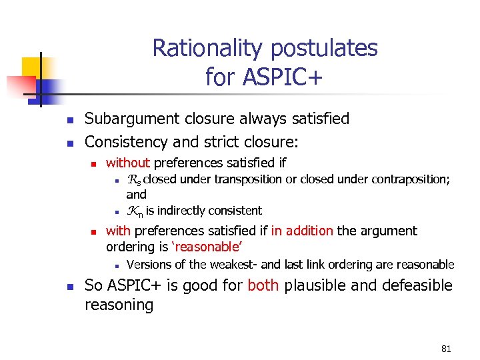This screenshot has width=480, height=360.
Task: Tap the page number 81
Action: click(x=446, y=349)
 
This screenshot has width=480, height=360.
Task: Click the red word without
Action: click(x=128, y=162)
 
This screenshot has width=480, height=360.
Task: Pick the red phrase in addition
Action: click(x=301, y=231)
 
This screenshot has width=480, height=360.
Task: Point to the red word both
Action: click(x=263, y=285)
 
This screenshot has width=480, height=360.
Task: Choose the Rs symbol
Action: click(x=132, y=179)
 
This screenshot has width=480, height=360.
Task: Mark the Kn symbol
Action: click(x=133, y=211)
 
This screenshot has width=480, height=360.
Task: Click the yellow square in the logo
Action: click(x=31, y=67)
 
